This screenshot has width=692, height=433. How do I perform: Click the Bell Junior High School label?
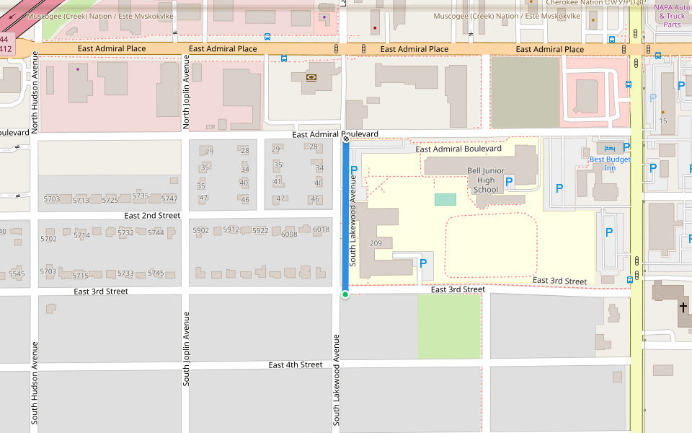486,180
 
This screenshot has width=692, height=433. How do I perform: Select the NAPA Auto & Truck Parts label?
670,16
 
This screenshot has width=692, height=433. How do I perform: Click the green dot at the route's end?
345,294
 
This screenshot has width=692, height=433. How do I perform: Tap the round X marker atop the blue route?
345,139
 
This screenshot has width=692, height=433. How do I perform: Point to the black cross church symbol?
683,307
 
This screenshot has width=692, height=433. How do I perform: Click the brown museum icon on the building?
311,77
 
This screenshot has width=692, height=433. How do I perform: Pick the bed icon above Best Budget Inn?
610,148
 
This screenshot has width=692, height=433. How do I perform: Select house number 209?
376,243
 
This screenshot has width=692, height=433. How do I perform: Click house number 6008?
289,234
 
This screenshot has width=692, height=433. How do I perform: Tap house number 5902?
200,230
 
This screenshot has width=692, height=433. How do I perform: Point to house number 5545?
17,274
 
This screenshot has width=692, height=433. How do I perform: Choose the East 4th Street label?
296,364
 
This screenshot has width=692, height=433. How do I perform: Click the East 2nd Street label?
152,215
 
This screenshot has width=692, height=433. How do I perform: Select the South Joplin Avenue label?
186,349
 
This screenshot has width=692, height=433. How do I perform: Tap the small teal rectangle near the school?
445,199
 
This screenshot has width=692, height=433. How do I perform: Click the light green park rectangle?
449,326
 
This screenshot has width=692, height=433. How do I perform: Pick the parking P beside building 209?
422,265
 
